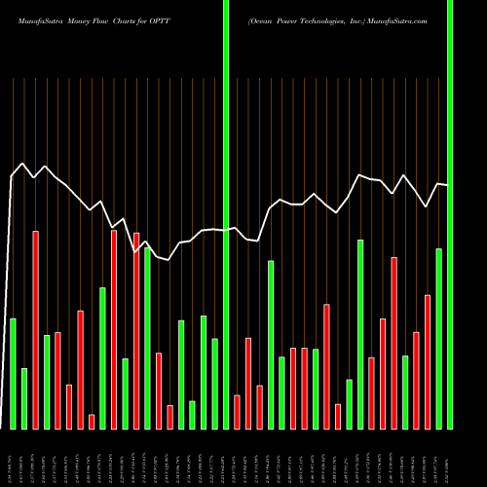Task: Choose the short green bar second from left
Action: pos(24,398)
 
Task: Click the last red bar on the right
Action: pos(428,361)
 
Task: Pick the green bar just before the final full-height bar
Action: pos(438,338)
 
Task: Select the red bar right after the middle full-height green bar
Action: pos(237,411)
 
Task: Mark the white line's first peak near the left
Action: pos(23,163)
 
